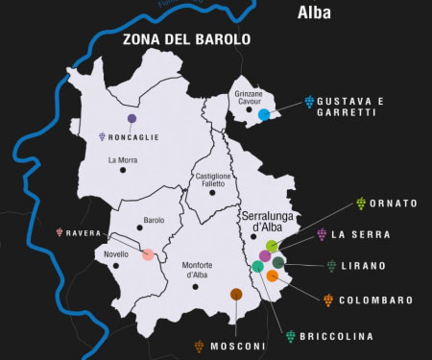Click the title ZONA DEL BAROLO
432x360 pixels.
click(x=186, y=40)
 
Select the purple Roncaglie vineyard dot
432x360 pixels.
click(x=131, y=119)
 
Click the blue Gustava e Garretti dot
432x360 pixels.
click(x=263, y=114)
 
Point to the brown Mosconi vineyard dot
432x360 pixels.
click(x=236, y=294)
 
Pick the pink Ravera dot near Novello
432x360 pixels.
click(x=148, y=254)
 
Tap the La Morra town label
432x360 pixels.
click(x=124, y=159)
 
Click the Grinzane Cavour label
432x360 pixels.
click(x=248, y=98)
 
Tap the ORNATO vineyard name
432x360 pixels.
click(x=394, y=204)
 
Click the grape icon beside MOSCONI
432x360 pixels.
click(x=199, y=346)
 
